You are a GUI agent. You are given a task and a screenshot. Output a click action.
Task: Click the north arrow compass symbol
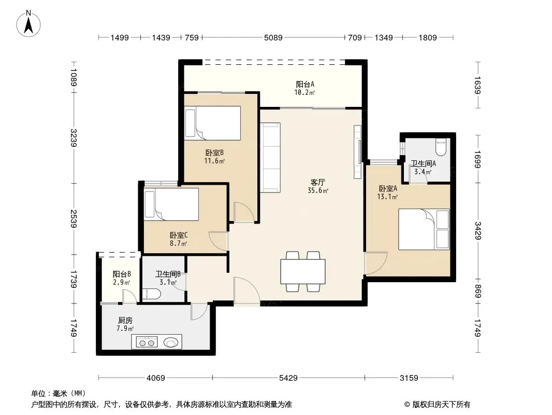click(28, 24)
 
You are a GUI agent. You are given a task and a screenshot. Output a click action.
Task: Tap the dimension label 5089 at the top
click(273, 37)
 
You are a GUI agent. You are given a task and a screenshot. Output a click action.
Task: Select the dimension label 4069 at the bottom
click(155, 378)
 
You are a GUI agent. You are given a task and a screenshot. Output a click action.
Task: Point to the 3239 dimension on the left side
click(74, 138)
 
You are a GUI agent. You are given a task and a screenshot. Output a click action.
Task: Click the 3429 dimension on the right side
click(478, 231)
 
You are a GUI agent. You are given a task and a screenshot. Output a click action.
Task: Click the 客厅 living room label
click(317, 182)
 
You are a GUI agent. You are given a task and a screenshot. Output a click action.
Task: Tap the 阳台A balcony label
click(305, 84)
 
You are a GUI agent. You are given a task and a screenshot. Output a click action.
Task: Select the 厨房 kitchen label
click(125, 320)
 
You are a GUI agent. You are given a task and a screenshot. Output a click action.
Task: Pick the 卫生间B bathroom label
click(168, 274)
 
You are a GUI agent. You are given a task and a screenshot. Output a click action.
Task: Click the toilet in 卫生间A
click(440, 147)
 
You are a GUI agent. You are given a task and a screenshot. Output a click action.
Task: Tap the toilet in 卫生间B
click(152, 294)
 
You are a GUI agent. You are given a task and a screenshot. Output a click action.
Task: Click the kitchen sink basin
click(171, 342)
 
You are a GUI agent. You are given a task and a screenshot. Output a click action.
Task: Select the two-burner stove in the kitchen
click(147, 342)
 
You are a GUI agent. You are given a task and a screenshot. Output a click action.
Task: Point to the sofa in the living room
click(270, 158)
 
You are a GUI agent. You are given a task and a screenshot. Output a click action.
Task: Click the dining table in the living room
click(303, 271)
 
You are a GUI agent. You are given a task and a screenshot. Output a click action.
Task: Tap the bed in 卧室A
click(424, 229)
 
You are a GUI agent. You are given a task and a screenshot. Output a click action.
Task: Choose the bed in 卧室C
click(171, 204)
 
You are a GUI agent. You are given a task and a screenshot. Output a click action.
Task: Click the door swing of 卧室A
click(376, 263)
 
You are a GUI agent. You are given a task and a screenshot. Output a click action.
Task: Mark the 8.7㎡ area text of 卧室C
click(179, 243)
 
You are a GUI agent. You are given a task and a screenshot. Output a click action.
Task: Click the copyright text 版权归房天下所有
click(441, 405)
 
